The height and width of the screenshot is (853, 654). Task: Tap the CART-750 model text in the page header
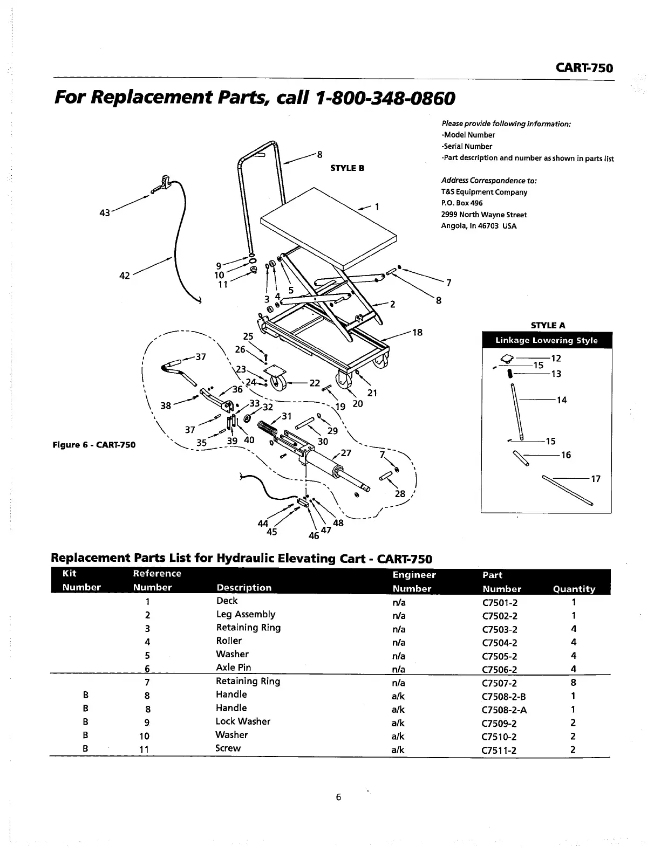tap(584, 68)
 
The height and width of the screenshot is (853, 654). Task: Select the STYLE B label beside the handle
tap(347, 168)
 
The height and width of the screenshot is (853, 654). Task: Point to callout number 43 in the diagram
tap(105, 212)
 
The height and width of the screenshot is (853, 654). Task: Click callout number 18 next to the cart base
tap(417, 332)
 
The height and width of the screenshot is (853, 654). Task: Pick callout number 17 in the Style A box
tap(596, 479)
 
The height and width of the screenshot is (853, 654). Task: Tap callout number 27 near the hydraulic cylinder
tap(346, 453)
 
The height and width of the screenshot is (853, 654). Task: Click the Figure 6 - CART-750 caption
tap(94, 445)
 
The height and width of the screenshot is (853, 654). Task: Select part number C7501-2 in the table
tap(500, 603)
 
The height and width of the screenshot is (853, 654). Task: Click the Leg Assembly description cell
tap(246, 614)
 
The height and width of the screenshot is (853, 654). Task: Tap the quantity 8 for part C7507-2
tap(574, 683)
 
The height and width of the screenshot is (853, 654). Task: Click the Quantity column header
tap(574, 589)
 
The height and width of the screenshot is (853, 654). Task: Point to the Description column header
tap(244, 588)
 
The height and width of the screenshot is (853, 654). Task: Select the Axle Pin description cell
tap(233, 668)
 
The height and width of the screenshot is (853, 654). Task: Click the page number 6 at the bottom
tap(338, 797)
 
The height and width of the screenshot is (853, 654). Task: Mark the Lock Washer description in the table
tap(243, 721)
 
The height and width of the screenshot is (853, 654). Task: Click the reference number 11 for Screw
tap(144, 749)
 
